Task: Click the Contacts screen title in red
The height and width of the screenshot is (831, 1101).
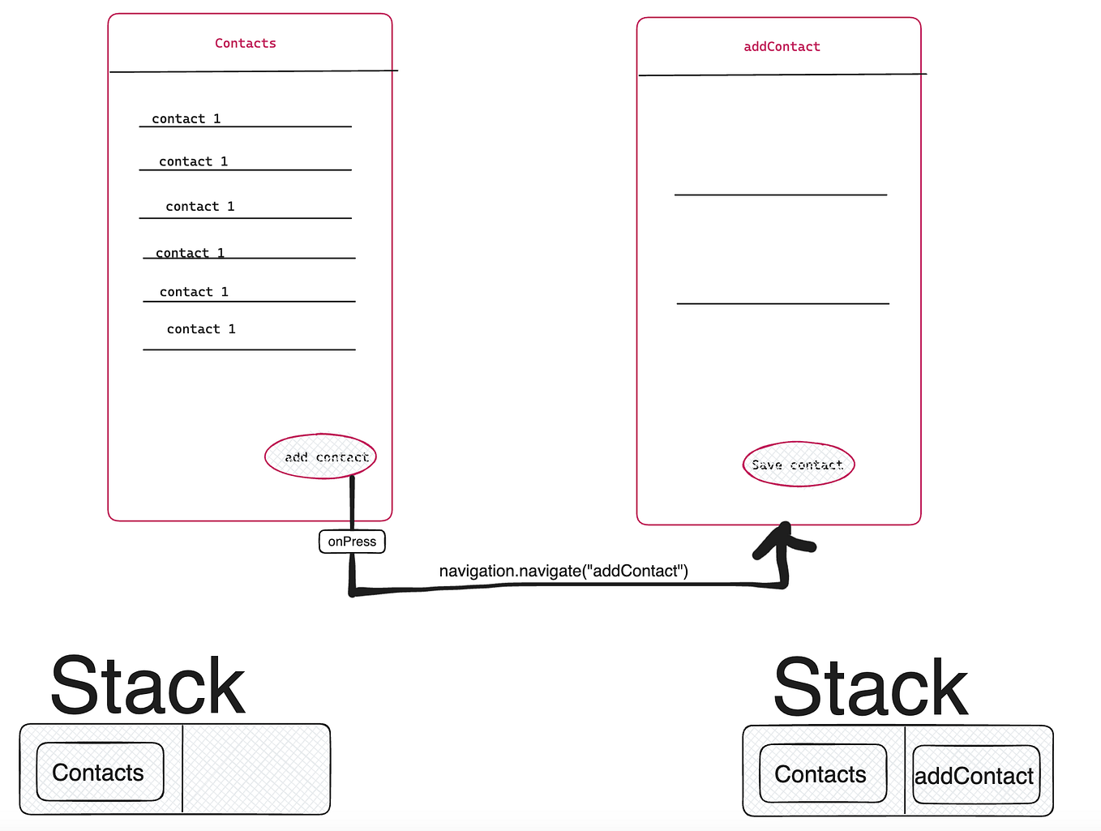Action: [x=245, y=43]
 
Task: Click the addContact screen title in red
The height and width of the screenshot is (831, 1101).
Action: [x=782, y=47]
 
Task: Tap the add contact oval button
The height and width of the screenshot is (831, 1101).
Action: [x=321, y=456]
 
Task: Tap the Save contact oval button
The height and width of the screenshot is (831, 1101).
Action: [x=799, y=465]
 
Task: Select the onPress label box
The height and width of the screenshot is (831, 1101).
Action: [x=352, y=542]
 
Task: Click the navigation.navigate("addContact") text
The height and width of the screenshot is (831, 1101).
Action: [x=563, y=571]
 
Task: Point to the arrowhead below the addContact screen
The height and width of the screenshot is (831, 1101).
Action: [x=784, y=539]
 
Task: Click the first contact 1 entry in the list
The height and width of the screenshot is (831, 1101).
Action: [x=186, y=119]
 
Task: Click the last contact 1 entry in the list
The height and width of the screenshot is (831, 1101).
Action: [x=201, y=329]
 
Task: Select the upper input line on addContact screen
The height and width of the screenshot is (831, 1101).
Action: [x=781, y=195]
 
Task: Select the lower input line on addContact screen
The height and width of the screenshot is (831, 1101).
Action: [x=783, y=303]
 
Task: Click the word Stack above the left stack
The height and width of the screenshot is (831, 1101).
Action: [x=148, y=686]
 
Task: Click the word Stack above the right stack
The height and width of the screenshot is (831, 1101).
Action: [x=870, y=688]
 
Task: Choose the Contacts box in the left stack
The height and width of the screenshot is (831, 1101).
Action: [x=100, y=772]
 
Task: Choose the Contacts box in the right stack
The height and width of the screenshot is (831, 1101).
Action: [x=822, y=774]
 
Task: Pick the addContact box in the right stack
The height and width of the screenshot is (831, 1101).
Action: [x=975, y=776]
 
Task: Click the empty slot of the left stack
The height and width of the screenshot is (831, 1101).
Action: [x=255, y=769]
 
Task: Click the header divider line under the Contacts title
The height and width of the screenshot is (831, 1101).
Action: [x=253, y=71]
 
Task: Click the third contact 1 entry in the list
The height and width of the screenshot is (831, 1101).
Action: [x=200, y=207]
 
